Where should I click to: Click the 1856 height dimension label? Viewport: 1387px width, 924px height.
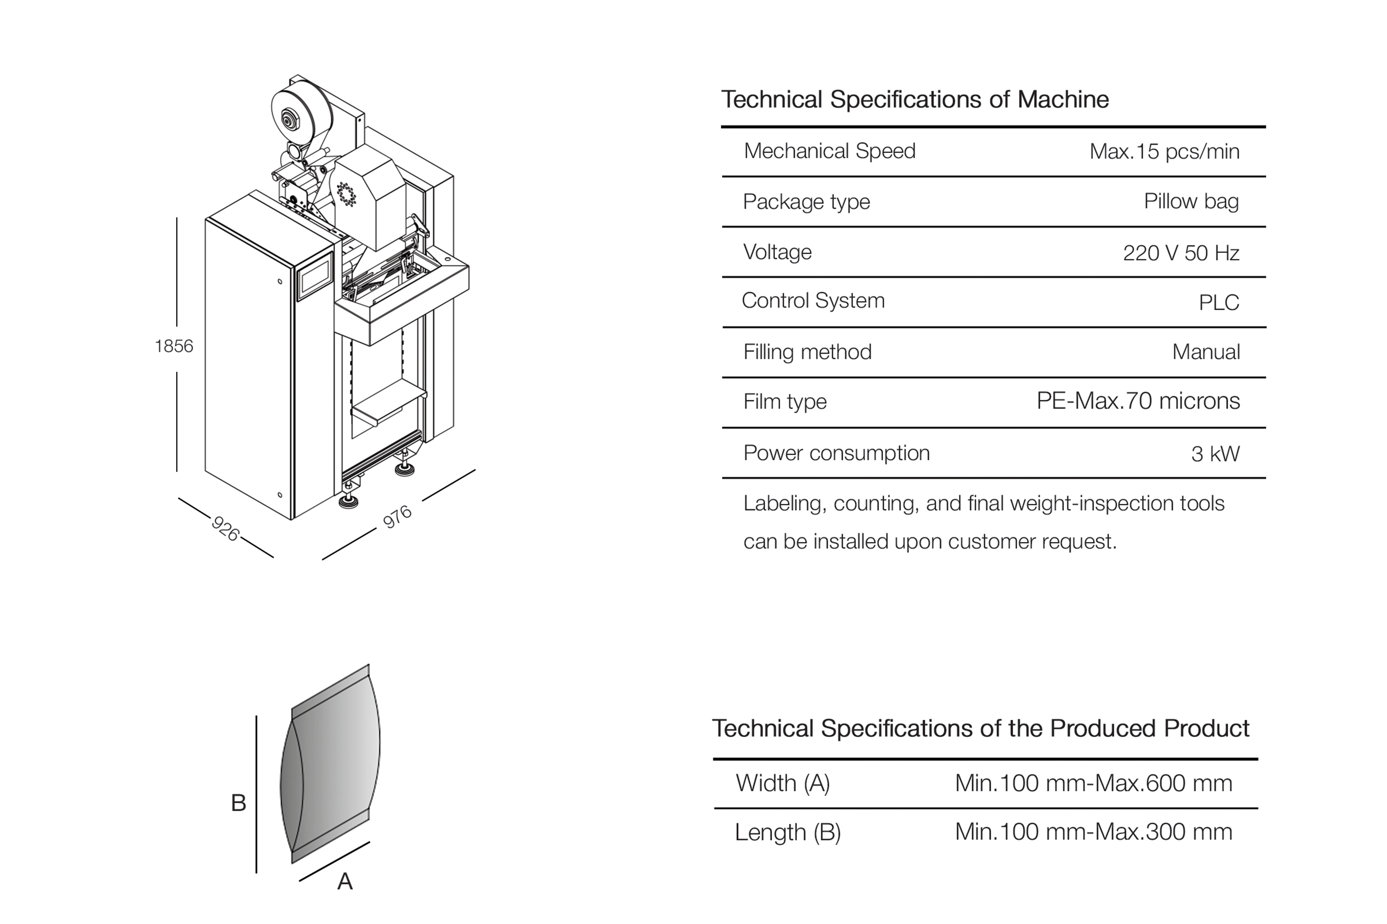(174, 346)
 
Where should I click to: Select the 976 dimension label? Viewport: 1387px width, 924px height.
(397, 517)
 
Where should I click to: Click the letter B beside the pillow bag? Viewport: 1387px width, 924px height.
(238, 802)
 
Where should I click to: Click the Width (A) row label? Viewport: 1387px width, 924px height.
(782, 783)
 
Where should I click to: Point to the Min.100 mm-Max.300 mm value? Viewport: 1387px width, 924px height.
(1093, 831)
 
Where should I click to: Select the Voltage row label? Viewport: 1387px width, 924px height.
(777, 252)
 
